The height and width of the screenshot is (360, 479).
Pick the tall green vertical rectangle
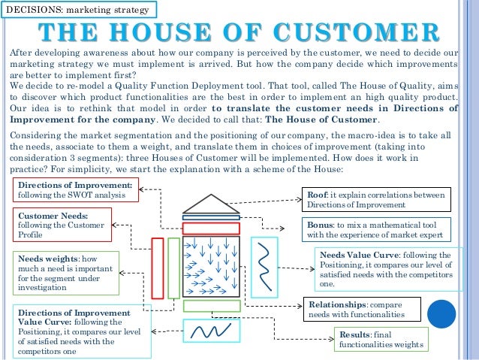pyautogui.click(x=173, y=268)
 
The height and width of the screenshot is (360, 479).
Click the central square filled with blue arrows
pyautogui.click(x=211, y=268)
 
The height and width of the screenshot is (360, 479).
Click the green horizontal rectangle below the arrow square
pyautogui.click(x=211, y=306)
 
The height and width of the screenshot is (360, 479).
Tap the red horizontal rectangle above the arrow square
pyautogui.click(x=211, y=228)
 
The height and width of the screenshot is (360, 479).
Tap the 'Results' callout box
pyautogui.click(x=382, y=340)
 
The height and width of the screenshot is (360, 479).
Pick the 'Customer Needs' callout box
pyautogui.click(x=63, y=224)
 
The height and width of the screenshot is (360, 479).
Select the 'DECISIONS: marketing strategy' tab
pyautogui.click(x=80, y=10)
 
